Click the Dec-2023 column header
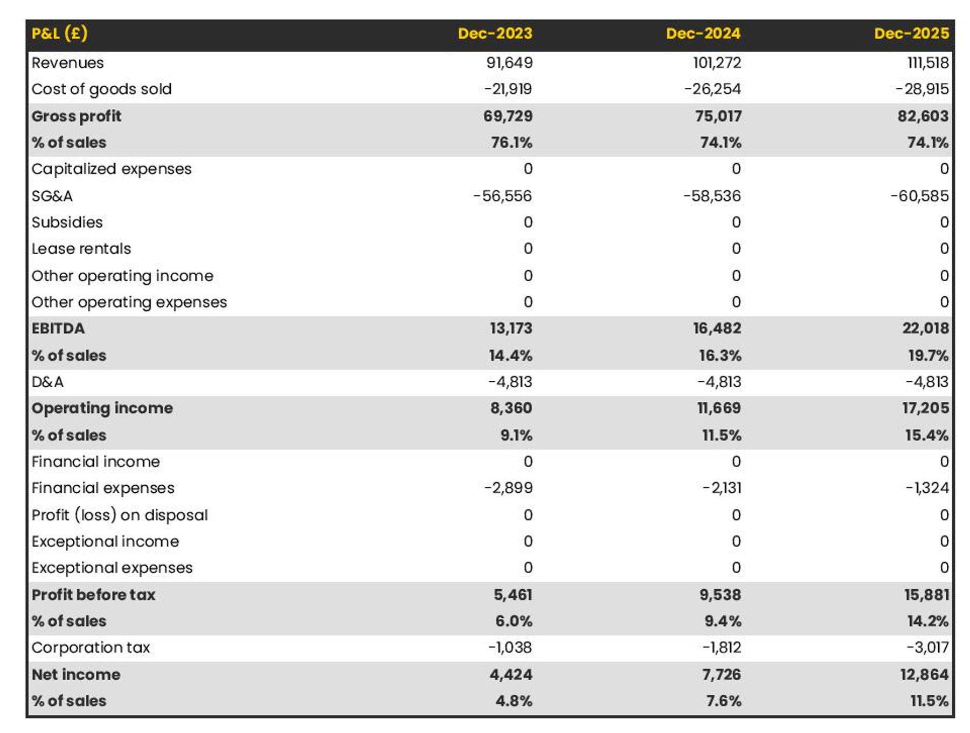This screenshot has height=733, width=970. point(495,33)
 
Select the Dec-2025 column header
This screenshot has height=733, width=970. point(911,33)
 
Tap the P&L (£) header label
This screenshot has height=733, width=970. point(59,33)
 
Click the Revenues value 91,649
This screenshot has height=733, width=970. point(509,62)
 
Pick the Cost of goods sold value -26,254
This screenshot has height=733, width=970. point(712,89)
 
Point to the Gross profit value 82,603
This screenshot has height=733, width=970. point(923,116)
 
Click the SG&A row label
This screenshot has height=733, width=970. point(52,196)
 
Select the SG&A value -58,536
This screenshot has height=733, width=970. point(712,196)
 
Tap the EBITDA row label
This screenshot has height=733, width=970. point(58,329)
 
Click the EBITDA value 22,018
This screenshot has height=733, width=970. point(925,329)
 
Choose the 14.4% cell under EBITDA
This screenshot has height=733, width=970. point(510,355)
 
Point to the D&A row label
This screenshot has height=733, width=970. point(47,382)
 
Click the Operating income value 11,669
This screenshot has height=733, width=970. point(718,408)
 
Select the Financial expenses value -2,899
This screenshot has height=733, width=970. point(508,488)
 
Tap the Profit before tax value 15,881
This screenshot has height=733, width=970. point(926,595)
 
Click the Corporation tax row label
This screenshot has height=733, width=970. point(91,647)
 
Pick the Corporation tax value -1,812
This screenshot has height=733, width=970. point(722,647)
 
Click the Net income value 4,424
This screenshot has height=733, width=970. point(510,674)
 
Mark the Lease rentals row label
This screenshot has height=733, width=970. point(81,249)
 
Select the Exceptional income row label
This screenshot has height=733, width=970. point(105,541)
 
